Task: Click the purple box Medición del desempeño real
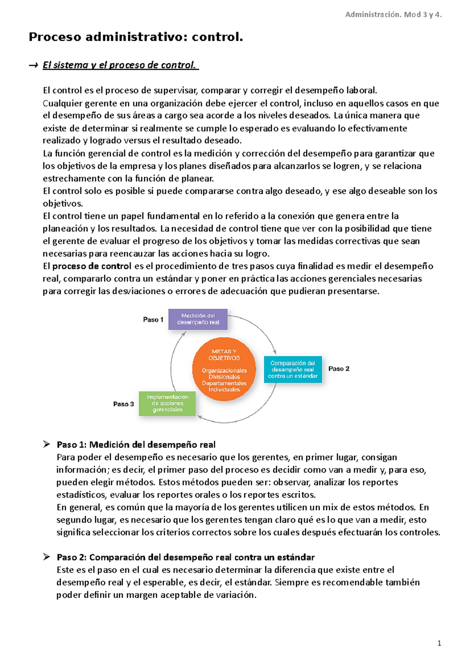(x=198, y=319)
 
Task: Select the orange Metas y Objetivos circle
(x=224, y=369)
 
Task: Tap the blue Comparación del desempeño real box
(x=293, y=369)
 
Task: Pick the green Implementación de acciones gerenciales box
(x=167, y=403)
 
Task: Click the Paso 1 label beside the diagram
(x=153, y=320)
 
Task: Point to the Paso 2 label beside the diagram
(x=339, y=369)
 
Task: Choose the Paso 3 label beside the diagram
(x=123, y=404)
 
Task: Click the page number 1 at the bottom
(x=439, y=643)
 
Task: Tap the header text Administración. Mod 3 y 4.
(x=393, y=15)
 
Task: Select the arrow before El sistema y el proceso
(x=33, y=65)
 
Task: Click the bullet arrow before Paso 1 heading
(x=47, y=444)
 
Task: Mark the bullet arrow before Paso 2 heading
(x=47, y=557)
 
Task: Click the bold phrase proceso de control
(x=92, y=266)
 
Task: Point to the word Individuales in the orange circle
(x=224, y=390)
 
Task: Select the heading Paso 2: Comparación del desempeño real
(x=186, y=557)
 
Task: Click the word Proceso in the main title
(x=55, y=37)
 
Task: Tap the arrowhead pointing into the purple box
(x=184, y=333)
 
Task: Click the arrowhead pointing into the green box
(x=199, y=417)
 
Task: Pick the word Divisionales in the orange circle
(x=224, y=377)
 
